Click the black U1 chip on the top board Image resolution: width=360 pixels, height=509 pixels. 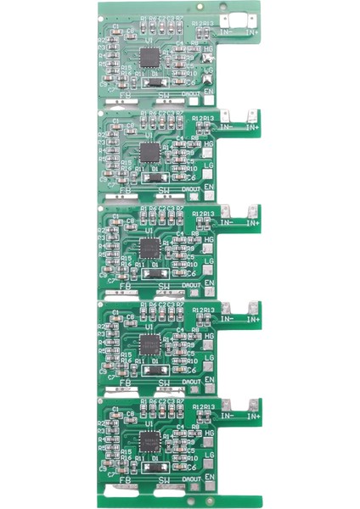click(x=149, y=59)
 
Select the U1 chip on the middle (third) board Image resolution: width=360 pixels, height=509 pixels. click(x=149, y=249)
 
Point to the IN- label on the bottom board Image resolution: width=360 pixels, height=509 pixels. click(x=227, y=415)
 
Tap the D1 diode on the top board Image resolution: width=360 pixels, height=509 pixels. click(x=152, y=82)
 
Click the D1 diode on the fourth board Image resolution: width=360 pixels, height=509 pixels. click(x=152, y=369)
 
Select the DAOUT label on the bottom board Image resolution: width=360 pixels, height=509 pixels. click(x=192, y=477)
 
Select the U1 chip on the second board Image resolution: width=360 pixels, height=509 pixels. click(x=149, y=153)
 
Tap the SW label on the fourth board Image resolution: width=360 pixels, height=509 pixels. click(x=163, y=383)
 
